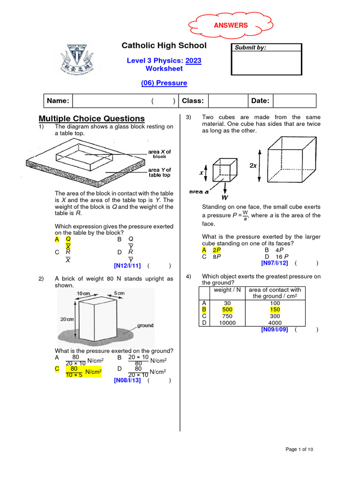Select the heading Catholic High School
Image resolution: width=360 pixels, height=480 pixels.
164,45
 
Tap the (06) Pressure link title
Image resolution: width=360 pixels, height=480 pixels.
164,83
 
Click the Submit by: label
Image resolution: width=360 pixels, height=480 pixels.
250,48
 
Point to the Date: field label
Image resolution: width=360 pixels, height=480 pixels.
260,101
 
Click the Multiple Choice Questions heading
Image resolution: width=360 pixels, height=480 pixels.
91,119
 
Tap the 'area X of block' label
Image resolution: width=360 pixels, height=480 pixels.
159,154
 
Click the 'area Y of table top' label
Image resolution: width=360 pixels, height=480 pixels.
159,172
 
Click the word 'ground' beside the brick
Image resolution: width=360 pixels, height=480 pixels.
145,325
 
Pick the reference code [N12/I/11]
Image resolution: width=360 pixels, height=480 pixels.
127,266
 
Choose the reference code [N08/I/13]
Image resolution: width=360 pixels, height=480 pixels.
127,380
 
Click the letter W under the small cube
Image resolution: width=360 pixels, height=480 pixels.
225,198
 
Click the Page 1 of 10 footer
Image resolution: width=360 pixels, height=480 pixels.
299,450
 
